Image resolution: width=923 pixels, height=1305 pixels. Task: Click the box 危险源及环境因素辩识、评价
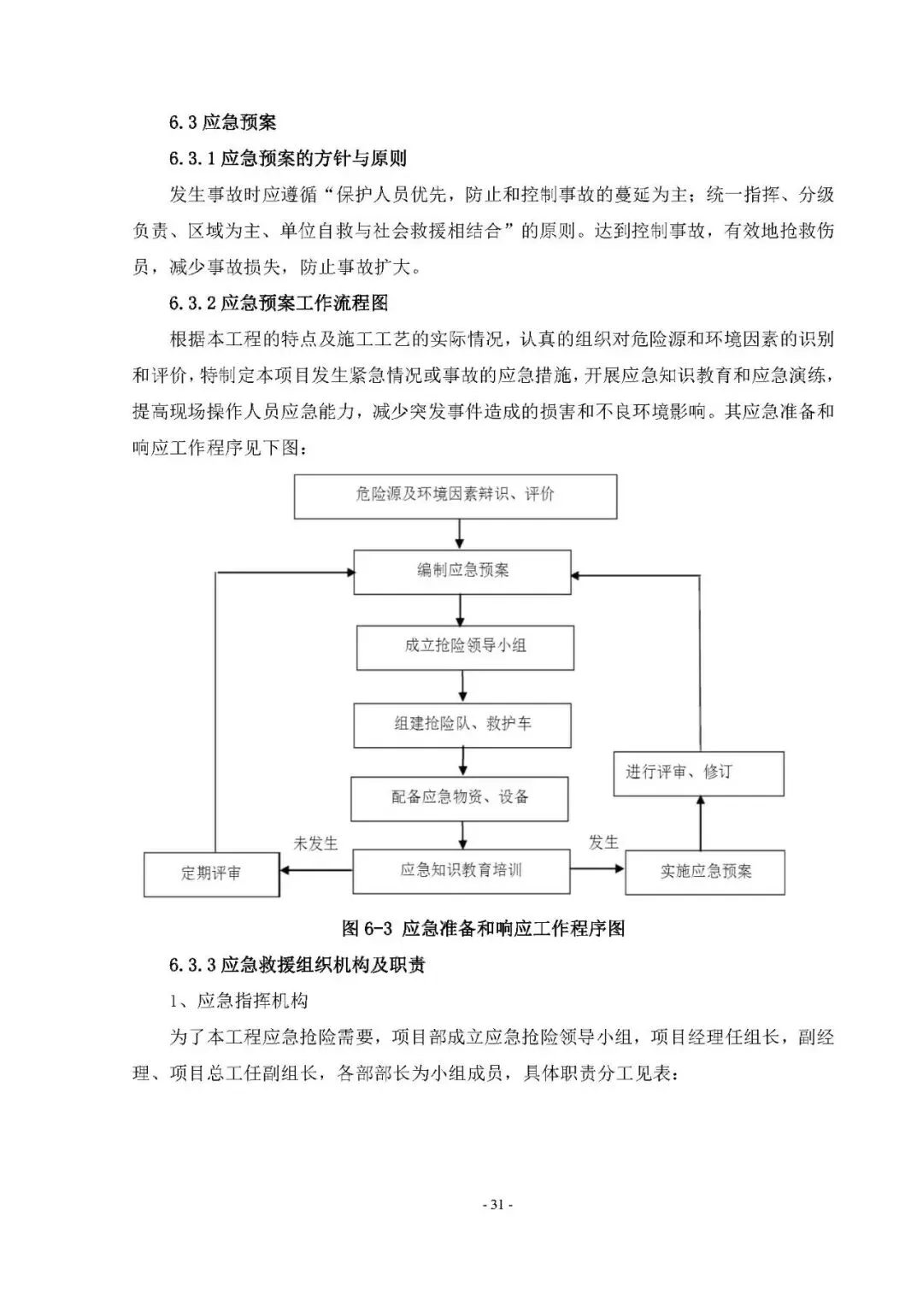456,496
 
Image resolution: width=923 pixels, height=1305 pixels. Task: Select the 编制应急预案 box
462,571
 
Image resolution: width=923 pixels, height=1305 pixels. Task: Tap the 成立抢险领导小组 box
465,647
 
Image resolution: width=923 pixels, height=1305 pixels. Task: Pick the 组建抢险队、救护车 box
462,725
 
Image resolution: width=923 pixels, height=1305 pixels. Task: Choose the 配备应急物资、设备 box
460,798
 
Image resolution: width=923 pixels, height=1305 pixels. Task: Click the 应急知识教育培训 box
461,871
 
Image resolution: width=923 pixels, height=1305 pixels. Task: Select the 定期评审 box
211,873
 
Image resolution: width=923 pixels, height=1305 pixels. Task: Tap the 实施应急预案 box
705,873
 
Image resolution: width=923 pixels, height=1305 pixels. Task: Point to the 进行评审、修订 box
699,773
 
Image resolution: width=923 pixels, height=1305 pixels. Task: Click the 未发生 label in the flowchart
315,844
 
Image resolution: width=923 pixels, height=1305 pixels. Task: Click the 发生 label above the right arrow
603,843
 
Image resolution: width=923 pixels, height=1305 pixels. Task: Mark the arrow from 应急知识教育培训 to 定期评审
317,871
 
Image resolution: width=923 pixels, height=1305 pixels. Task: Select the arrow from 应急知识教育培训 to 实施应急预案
598,870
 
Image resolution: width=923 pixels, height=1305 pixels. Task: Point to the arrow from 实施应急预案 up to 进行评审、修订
700,823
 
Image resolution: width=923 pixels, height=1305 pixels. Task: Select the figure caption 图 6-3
483,928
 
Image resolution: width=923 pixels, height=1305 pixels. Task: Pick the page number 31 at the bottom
497,1206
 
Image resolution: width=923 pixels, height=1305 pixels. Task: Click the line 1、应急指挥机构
238,1002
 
